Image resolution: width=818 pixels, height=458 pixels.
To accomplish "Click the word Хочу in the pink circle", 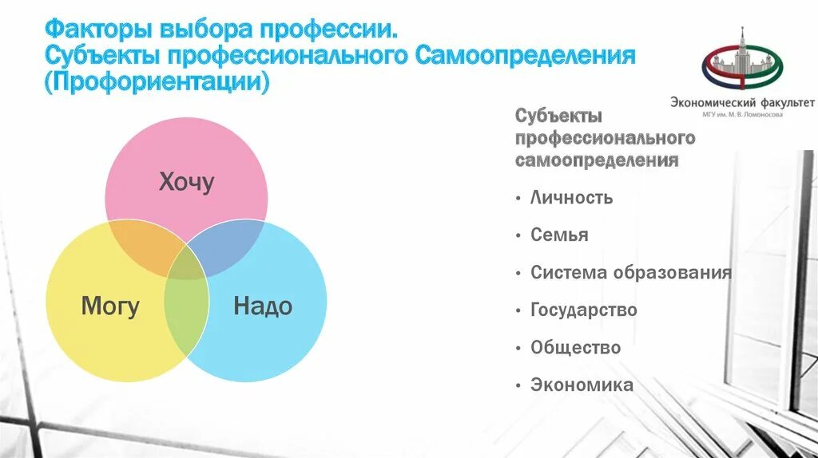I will point(186,183).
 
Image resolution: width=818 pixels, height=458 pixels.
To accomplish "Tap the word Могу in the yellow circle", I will point(110,306).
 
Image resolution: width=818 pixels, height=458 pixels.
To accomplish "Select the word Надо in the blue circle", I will point(263,306).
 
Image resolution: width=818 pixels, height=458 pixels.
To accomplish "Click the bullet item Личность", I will point(571,197).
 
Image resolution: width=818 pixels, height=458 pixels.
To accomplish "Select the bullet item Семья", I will point(559,235).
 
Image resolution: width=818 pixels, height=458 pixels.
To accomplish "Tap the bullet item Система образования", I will point(630,272).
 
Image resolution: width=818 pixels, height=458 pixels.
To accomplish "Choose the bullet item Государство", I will point(583,310).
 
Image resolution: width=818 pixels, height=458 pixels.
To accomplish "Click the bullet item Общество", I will point(575,348).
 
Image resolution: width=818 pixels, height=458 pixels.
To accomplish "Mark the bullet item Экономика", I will point(582,385).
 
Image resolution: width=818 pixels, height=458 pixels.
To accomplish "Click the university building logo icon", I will point(743,62).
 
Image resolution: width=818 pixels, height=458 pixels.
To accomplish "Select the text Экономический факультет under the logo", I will point(743,102).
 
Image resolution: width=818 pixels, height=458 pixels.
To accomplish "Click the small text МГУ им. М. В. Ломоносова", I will point(743,114).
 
